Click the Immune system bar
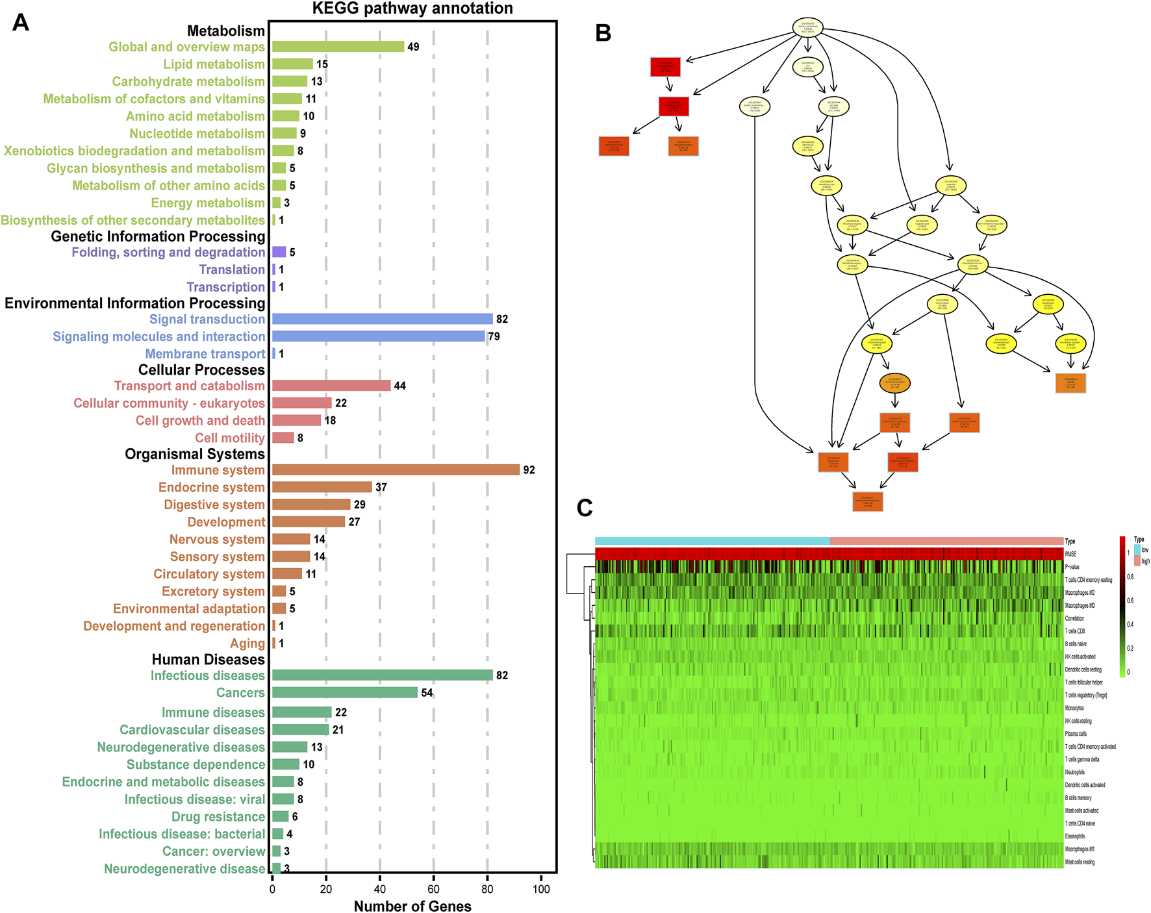(x=396, y=469)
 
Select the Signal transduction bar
(x=382, y=319)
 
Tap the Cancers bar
(x=344, y=692)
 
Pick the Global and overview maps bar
(x=338, y=47)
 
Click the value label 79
(x=494, y=336)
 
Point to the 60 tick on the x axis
(x=434, y=889)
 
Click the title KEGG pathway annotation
(x=412, y=8)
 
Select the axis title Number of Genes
(x=412, y=906)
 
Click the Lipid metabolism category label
(x=214, y=64)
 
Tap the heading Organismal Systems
(x=195, y=454)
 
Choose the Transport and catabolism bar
(x=331, y=386)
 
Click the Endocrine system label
(x=211, y=487)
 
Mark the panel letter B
(x=603, y=33)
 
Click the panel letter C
(x=585, y=508)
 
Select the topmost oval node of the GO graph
(x=807, y=28)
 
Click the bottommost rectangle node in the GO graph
(x=867, y=501)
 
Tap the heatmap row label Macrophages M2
(x=1080, y=593)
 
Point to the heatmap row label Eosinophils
(x=1075, y=836)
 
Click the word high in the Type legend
(x=1145, y=561)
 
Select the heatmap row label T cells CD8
(x=1075, y=631)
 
